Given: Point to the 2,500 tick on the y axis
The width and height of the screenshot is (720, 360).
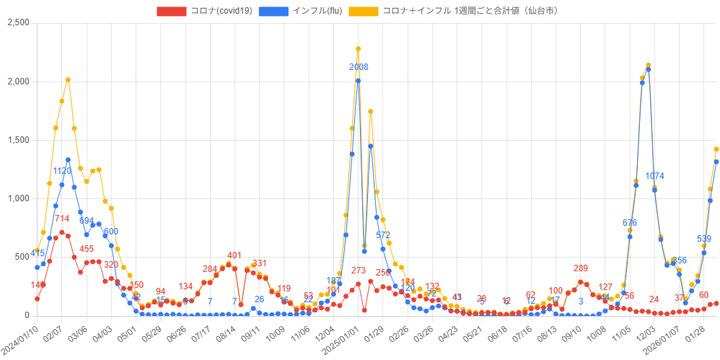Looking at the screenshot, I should click(x=18, y=23).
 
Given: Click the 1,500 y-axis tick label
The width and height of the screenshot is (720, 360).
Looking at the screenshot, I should click(x=18, y=140).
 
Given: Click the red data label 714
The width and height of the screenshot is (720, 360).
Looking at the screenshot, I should click(x=62, y=219).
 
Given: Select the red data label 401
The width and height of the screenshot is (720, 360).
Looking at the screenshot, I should click(x=234, y=255).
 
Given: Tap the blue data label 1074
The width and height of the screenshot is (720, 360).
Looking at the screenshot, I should click(x=654, y=177).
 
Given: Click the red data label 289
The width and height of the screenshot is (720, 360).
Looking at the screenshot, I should click(x=580, y=268).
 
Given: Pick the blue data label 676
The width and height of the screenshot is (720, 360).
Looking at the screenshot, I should click(x=629, y=223).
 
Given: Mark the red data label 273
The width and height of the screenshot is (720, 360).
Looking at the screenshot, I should click(x=359, y=271).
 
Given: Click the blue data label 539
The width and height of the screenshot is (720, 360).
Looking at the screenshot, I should click(x=704, y=239).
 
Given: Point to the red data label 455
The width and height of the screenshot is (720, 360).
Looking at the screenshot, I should click(x=87, y=249).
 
